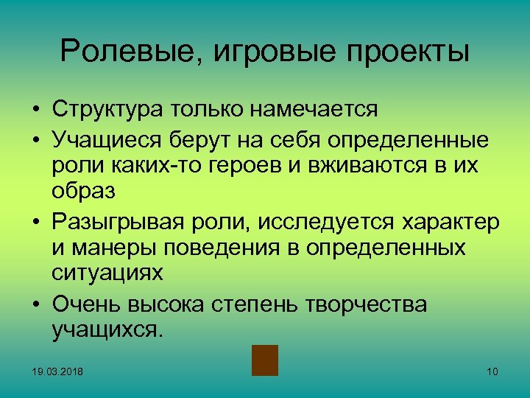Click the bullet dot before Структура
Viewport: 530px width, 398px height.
point(35,111)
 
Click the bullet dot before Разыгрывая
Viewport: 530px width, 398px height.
point(35,222)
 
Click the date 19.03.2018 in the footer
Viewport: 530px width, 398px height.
point(57,371)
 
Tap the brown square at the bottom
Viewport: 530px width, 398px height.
point(264,360)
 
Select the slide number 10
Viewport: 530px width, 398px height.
point(492,371)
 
